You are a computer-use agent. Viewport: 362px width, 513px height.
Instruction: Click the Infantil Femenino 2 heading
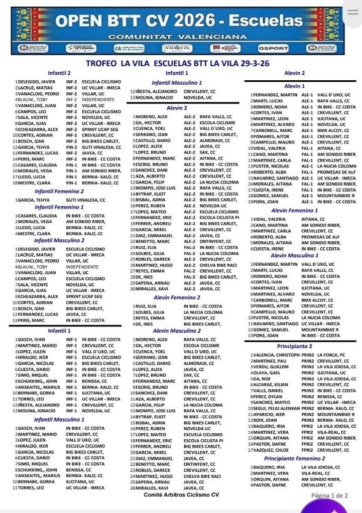point(59,191)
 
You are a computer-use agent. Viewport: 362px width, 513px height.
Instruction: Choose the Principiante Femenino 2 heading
point(294,458)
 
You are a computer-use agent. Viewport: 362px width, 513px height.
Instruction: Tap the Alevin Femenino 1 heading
point(295,211)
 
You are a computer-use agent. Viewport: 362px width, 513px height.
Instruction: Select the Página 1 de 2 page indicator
point(329,495)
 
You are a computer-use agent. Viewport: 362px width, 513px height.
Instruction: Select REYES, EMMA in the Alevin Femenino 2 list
point(147,318)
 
